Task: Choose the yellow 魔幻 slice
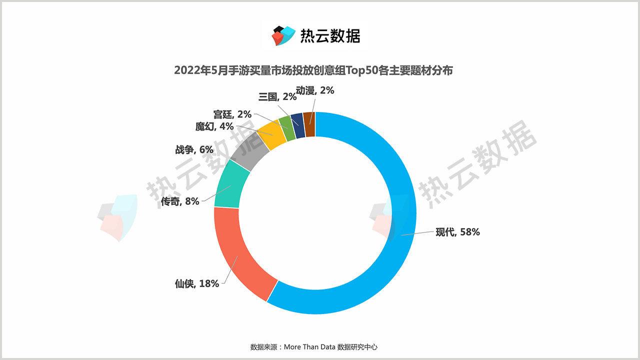point(272,133)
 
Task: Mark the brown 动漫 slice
point(309,124)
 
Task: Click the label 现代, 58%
point(457,232)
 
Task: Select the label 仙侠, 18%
point(196,283)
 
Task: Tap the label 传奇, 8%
point(180,201)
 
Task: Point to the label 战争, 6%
point(194,149)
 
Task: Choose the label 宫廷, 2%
point(232,114)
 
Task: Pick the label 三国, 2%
point(277,96)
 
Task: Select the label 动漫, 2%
point(314,90)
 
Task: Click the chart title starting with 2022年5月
point(313,70)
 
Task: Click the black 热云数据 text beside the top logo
point(330,35)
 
